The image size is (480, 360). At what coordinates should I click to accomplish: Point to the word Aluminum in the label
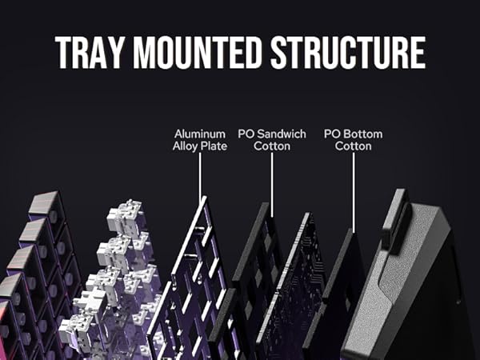coord(200,134)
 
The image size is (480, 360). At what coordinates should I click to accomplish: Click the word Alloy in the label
coord(187,146)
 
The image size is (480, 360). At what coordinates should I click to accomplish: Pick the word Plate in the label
coord(214,146)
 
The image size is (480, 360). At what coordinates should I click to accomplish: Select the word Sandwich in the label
coord(281,134)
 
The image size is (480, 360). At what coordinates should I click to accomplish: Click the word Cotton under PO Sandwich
coord(272,146)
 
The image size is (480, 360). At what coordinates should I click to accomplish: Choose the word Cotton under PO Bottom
coord(353,146)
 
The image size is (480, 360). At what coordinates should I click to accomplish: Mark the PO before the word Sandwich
coord(246,134)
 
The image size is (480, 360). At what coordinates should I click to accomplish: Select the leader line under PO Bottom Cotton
coord(353,192)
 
